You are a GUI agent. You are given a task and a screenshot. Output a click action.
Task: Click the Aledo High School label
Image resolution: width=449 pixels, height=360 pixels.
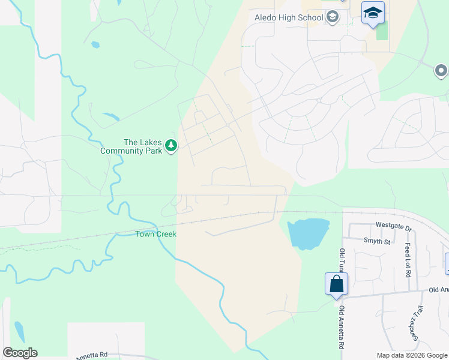coord(289,18)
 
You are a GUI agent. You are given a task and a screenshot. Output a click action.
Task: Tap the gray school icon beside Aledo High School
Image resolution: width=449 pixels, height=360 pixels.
coord(333,18)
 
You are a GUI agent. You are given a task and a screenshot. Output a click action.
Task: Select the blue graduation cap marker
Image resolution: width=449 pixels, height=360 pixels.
coord(373,13)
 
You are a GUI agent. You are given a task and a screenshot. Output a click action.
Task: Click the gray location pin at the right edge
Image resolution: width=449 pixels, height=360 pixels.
coord(441,72)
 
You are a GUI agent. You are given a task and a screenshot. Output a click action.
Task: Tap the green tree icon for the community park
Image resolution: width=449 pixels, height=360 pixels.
coord(171,146)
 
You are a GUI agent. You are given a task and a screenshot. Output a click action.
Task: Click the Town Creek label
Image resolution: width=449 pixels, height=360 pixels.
coord(155,234)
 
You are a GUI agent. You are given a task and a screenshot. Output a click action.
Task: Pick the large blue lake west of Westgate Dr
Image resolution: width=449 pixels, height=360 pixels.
coord(308,233)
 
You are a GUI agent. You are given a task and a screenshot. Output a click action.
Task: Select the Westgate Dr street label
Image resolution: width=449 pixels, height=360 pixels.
coord(394,228)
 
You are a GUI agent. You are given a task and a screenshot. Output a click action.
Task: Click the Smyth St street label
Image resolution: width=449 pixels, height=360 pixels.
coord(377,242)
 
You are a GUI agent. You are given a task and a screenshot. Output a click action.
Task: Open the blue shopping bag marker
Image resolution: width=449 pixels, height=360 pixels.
coord(336,284)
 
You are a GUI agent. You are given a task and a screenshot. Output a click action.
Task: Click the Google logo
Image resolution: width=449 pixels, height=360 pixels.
coord(20,353)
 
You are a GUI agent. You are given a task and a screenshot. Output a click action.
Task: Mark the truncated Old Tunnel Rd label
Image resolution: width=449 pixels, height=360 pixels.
coord(342,260)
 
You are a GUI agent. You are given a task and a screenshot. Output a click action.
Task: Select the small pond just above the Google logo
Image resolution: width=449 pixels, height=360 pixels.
coord(19,331)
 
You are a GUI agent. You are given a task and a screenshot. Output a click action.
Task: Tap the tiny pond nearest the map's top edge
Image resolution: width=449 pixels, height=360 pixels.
coord(95,44)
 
